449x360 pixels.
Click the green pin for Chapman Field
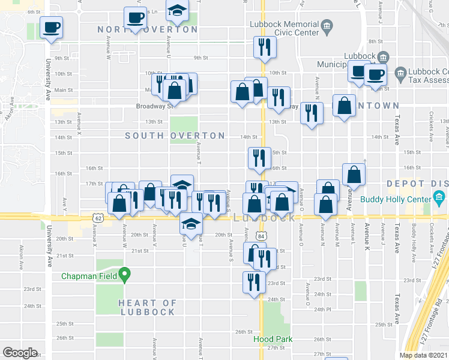coord(125,275)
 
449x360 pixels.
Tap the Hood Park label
coord(273,339)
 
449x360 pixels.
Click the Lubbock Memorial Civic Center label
coord(285,28)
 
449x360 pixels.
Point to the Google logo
coord(20,353)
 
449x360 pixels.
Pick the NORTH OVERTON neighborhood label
coord(148,29)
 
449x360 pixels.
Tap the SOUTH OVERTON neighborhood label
coord(175,136)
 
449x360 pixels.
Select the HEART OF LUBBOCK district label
coord(147,307)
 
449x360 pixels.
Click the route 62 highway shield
coord(97,219)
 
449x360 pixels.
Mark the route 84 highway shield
coord(261,236)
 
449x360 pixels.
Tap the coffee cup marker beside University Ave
coord(52,27)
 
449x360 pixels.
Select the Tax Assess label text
coord(429,80)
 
